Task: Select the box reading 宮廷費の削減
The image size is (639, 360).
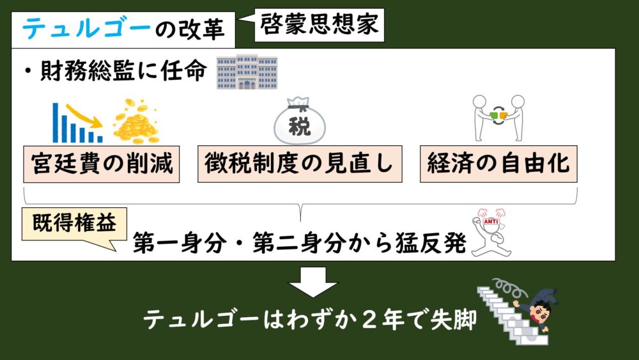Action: (x=102, y=164)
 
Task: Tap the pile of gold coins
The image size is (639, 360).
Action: (x=135, y=122)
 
